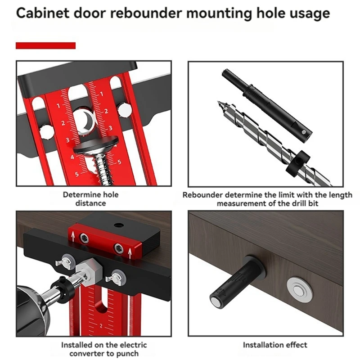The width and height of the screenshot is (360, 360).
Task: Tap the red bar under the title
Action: pos(45,45)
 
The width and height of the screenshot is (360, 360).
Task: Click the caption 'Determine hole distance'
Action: pos(90,199)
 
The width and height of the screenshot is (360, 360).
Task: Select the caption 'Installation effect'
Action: pos(275,345)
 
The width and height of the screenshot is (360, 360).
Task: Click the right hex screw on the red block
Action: pos(118,246)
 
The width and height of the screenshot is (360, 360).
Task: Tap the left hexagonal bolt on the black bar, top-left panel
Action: pos(46,131)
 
